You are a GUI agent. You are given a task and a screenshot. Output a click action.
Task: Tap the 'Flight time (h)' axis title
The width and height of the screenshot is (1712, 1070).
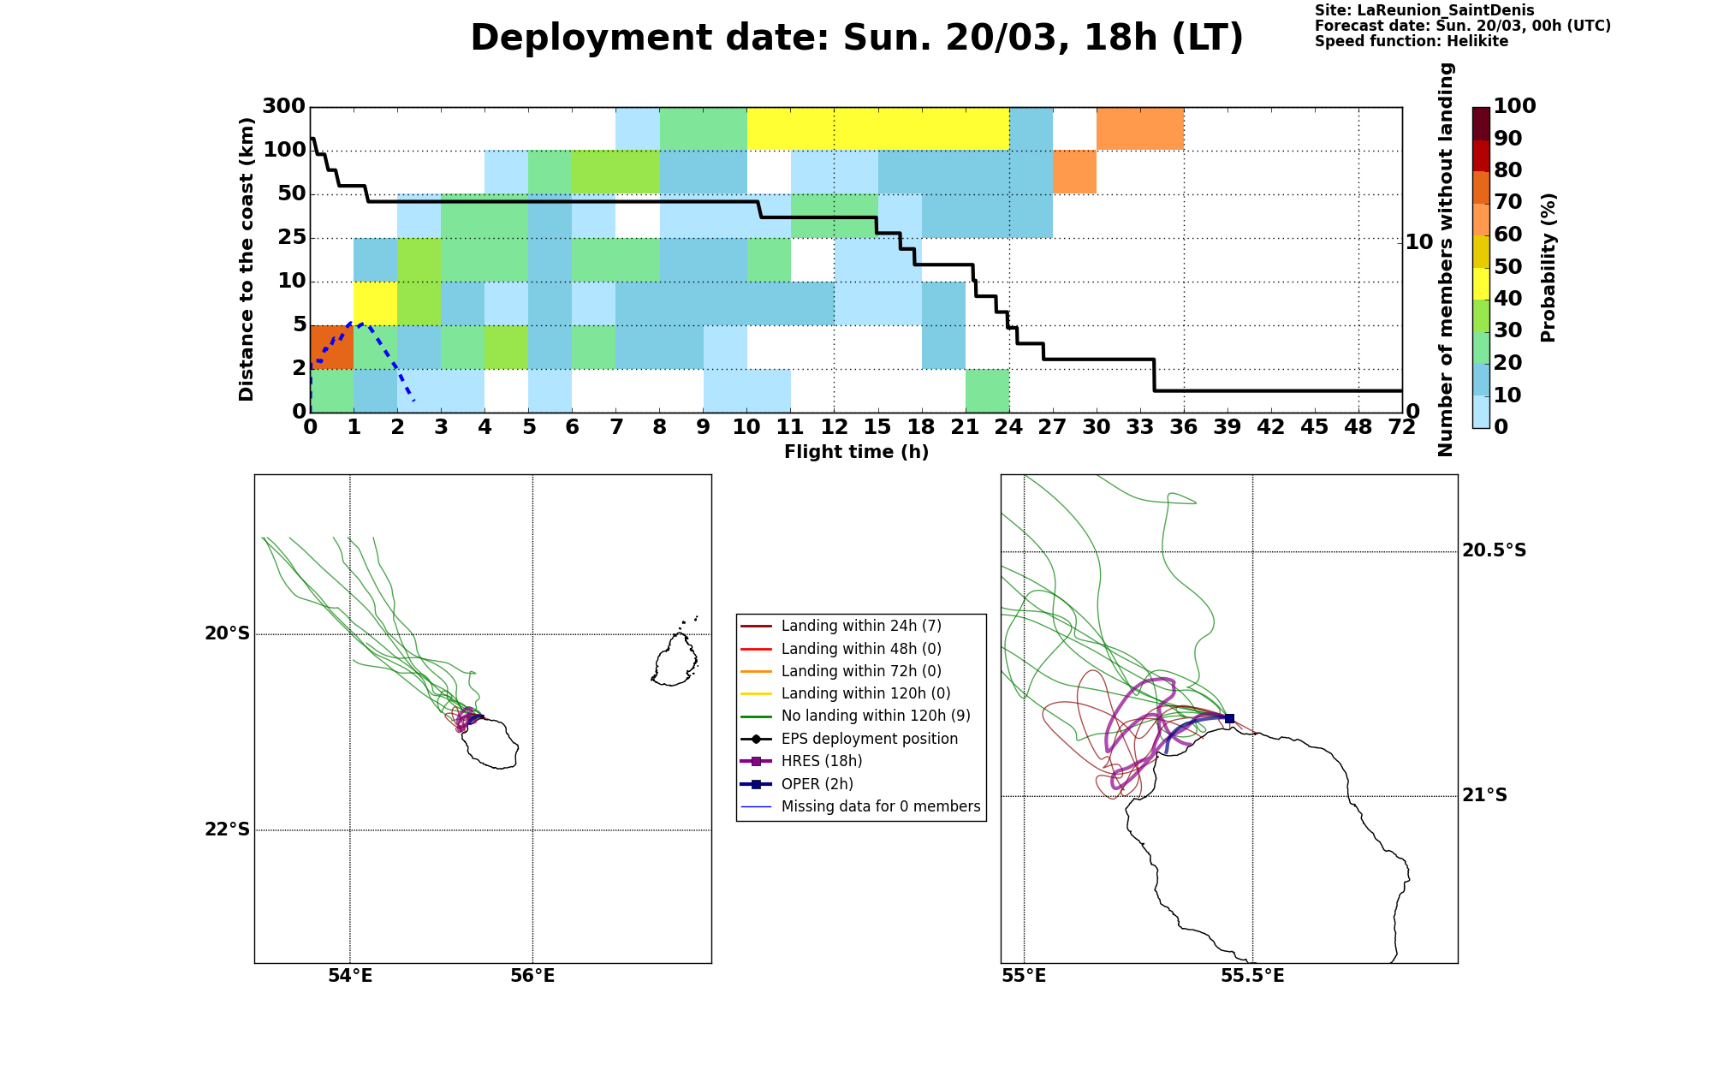(x=856, y=452)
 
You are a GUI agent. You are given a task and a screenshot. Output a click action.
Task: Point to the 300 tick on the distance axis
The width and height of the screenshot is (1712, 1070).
(x=283, y=106)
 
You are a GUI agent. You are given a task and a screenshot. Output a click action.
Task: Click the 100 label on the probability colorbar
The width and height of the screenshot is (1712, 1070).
(x=1515, y=106)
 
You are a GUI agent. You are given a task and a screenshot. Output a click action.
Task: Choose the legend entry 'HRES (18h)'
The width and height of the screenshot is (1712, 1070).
(x=822, y=761)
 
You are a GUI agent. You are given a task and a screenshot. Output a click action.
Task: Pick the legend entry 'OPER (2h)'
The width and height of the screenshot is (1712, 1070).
(x=817, y=784)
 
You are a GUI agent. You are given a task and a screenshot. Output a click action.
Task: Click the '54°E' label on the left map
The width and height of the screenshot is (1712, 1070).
(x=350, y=977)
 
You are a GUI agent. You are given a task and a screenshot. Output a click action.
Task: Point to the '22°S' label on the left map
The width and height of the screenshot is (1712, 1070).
(x=227, y=829)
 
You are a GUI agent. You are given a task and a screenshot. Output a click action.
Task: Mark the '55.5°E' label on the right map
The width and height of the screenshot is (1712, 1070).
(x=1252, y=977)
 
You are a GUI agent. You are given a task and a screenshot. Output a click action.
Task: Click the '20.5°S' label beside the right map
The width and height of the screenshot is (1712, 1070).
(x=1494, y=550)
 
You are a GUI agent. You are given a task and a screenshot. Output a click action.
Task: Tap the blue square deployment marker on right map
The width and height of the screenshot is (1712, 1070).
(x=1229, y=718)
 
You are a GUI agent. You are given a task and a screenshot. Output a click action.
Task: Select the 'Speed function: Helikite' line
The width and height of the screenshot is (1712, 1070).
(x=1412, y=41)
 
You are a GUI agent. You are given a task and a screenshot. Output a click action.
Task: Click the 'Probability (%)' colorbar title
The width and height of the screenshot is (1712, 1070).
(x=1548, y=267)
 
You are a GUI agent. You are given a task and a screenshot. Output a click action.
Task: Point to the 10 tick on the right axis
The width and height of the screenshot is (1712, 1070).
(x=1419, y=242)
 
